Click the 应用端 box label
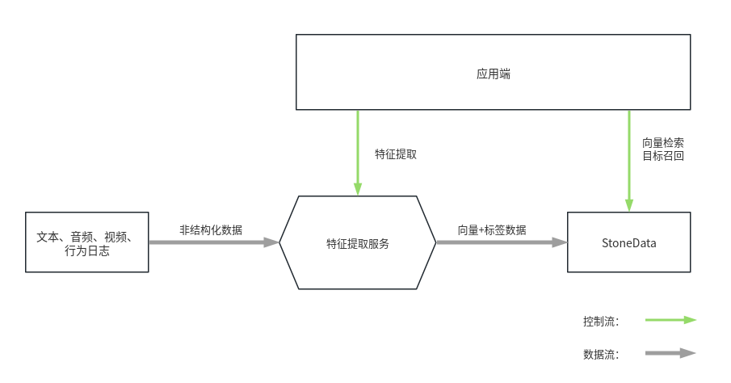click(x=493, y=74)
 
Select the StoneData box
click(x=628, y=242)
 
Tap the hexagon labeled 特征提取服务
click(x=357, y=242)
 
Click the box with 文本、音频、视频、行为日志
click(x=87, y=242)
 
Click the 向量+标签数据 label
click(x=492, y=229)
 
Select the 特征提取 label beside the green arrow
click(x=395, y=154)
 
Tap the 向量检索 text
click(x=662, y=142)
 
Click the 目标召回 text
click(x=662, y=156)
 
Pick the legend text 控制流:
click(x=600, y=321)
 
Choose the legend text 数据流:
click(x=600, y=354)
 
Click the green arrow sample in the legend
click(x=670, y=320)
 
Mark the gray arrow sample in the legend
click(x=670, y=353)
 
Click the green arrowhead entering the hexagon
click(x=358, y=189)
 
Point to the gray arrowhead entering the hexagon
click(x=271, y=242)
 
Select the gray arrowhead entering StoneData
click(x=560, y=242)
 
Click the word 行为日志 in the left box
click(x=87, y=251)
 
